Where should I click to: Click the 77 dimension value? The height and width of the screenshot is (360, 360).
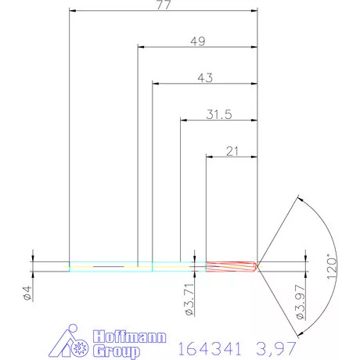163,5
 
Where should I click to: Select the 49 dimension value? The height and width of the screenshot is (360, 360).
197,41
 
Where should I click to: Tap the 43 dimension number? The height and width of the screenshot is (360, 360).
205,77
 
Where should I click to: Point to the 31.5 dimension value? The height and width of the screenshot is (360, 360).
219,114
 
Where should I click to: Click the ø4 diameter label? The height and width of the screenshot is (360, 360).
25,295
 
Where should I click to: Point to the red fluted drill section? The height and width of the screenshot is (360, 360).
232,266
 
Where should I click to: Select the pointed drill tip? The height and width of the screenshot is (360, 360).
257,266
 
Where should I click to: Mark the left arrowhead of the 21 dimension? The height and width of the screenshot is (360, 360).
209,157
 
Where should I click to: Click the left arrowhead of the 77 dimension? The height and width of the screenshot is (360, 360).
73,11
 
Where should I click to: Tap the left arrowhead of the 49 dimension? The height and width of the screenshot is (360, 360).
141,48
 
